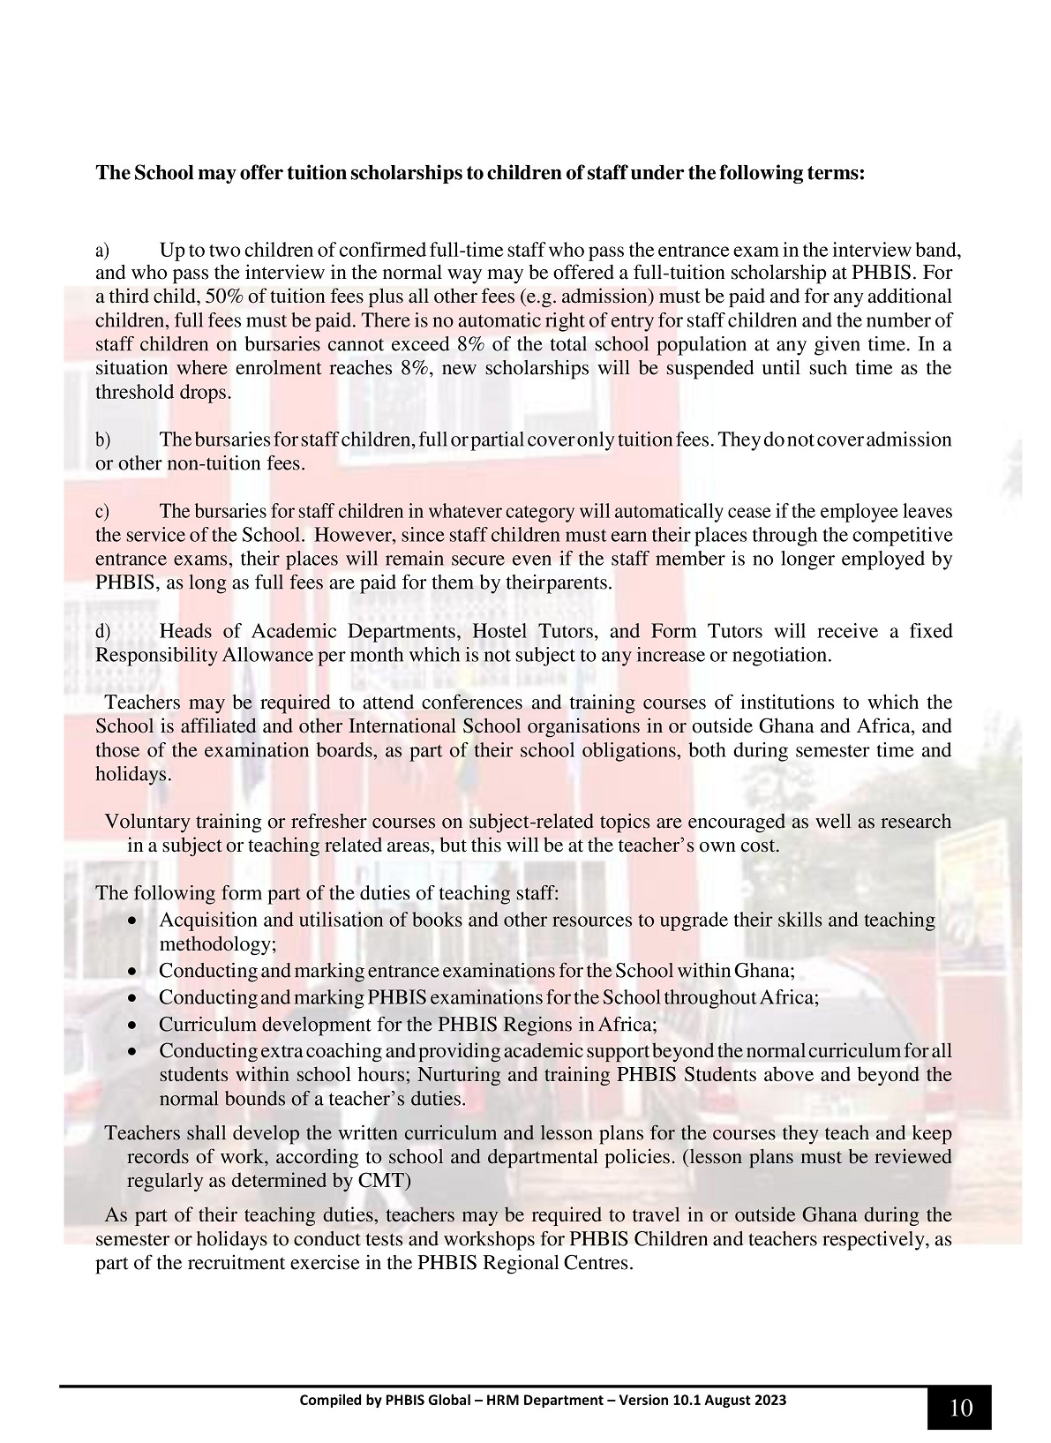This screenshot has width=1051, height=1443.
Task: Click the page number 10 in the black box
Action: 960,1407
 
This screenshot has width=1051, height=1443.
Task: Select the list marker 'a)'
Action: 102,250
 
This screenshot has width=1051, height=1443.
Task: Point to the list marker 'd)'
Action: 102,632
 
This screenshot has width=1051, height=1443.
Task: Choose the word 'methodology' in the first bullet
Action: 215,943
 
